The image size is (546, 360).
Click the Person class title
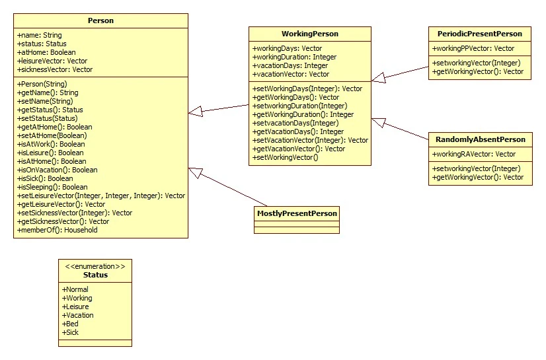click(x=100, y=20)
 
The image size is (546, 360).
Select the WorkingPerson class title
click(x=309, y=34)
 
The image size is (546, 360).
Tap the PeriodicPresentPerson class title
click(x=479, y=34)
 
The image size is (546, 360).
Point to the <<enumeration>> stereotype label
click(x=95, y=266)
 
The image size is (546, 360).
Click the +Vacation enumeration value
click(x=78, y=315)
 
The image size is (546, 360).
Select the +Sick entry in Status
click(x=71, y=332)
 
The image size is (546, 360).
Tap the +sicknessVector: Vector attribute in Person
click(x=55, y=69)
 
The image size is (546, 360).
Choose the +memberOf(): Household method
click(x=58, y=230)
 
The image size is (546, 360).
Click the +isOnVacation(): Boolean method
click(x=58, y=170)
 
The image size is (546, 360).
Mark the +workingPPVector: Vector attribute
click(x=473, y=48)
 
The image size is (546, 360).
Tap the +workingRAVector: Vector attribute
click(x=473, y=154)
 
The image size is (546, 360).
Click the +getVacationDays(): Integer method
click(x=298, y=131)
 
